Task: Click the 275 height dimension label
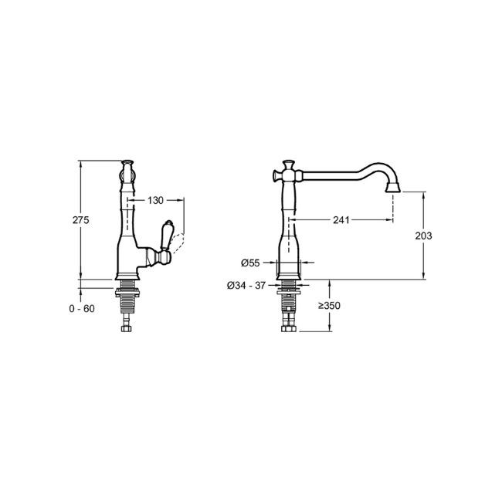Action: point(80,220)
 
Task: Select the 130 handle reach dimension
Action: point(155,201)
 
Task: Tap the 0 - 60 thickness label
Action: point(82,309)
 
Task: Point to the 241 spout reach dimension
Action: point(341,220)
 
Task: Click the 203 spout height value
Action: point(423,236)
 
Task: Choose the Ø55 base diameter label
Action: point(250,263)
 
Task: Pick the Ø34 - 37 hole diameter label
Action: point(246,285)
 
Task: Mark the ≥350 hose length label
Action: point(329,306)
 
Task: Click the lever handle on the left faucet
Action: point(166,235)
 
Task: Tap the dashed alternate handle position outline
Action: point(178,243)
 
